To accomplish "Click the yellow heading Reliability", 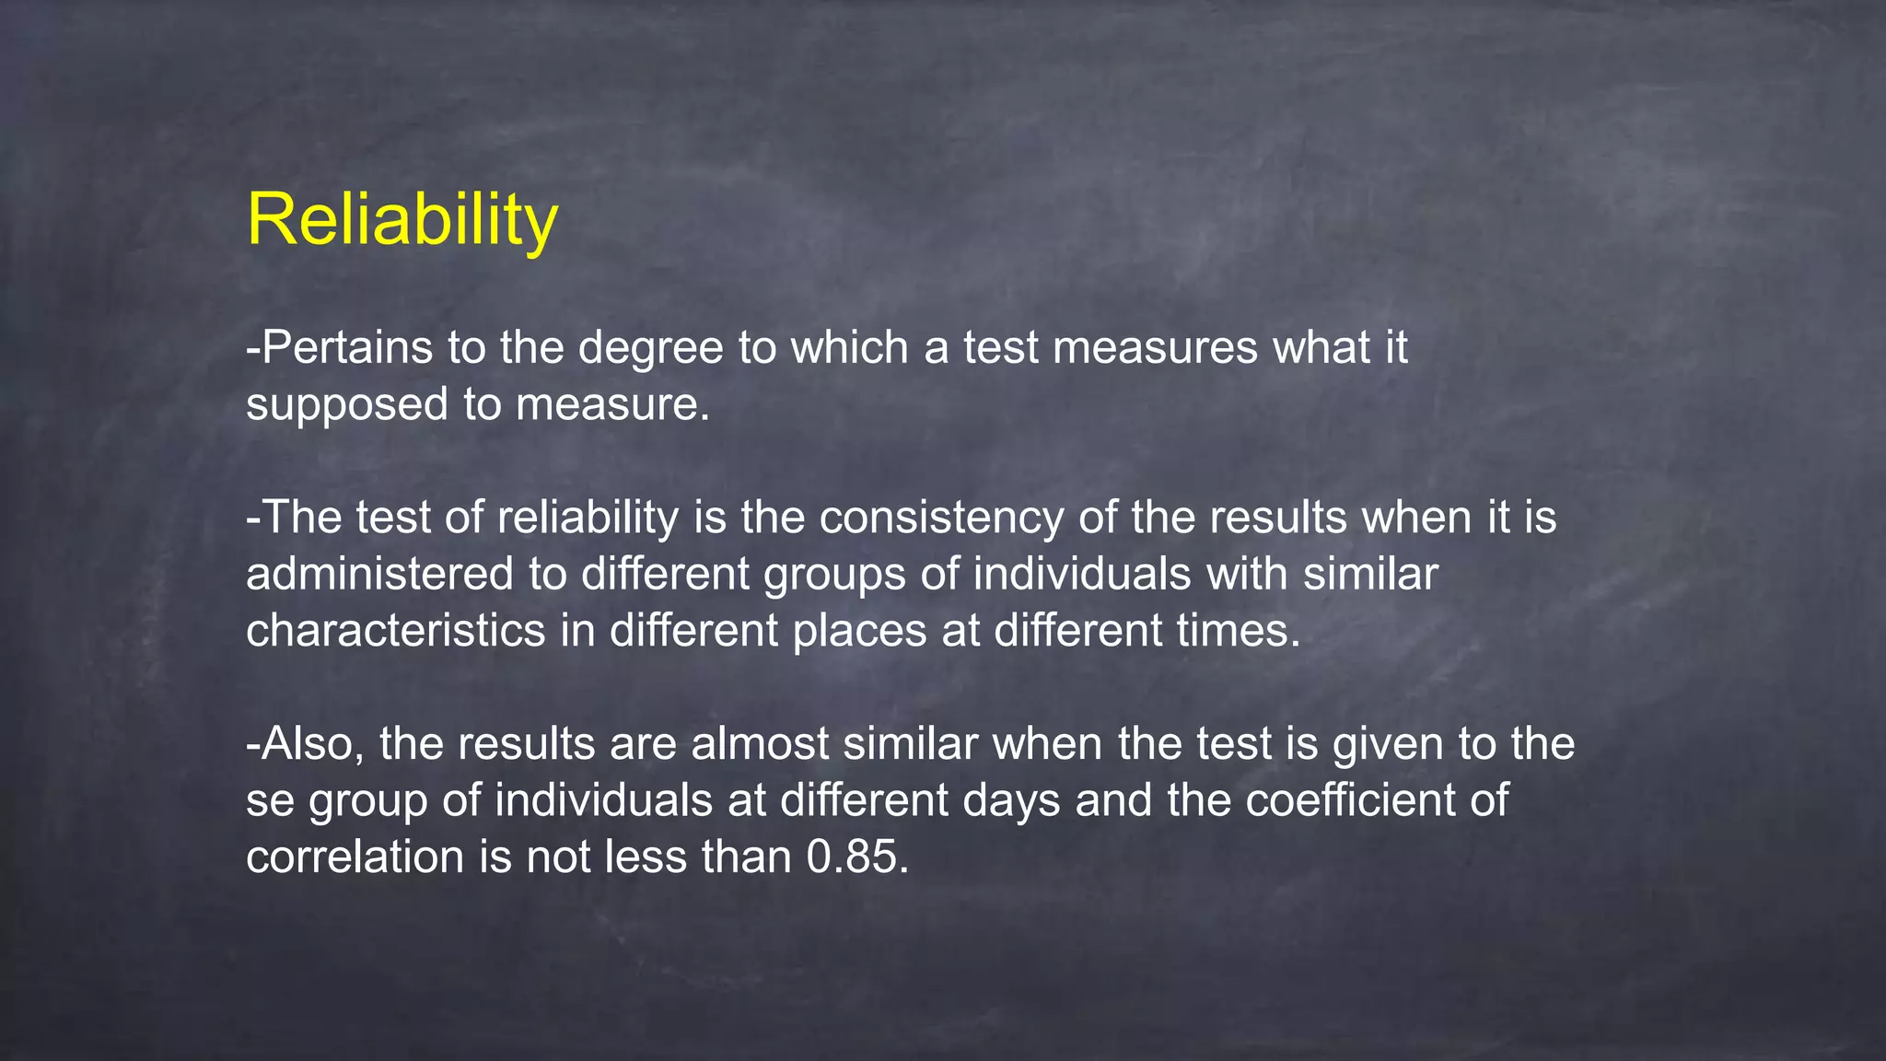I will [402, 220].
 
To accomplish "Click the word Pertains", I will [347, 348].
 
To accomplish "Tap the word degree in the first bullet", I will [650, 348].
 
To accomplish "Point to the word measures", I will [1155, 348].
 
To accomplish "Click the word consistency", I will [941, 518].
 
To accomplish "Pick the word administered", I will [379, 575].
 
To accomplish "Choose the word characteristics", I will [396, 632].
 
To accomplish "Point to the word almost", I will [760, 744].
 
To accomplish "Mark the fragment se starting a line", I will [270, 801].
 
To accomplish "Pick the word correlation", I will [355, 858].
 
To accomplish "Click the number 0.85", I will [856, 858].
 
